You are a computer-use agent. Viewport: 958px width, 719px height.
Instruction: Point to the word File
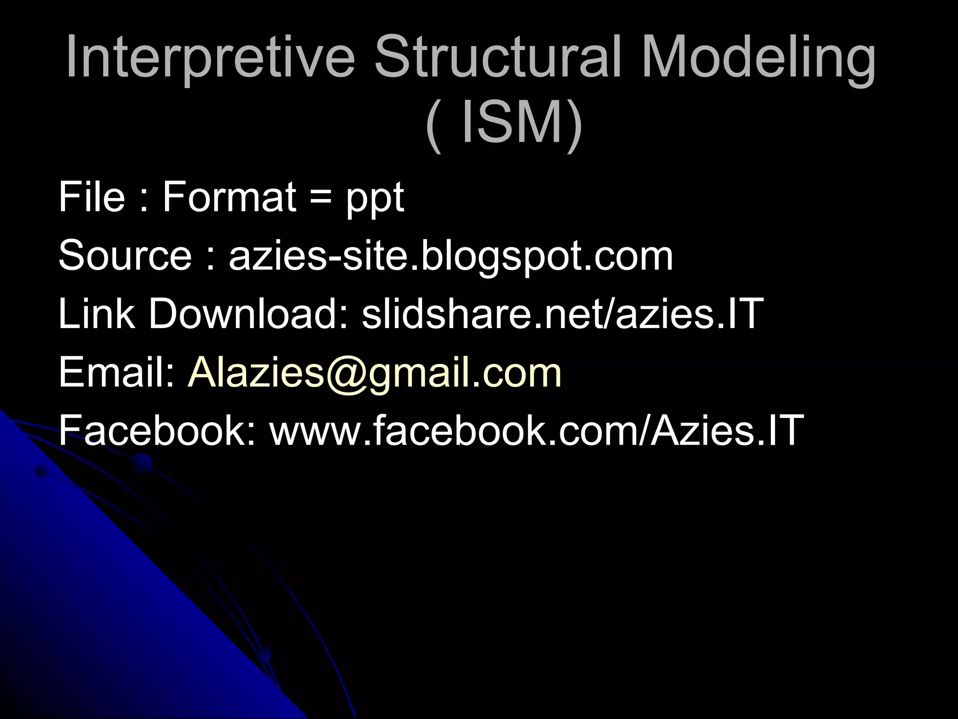pos(92,197)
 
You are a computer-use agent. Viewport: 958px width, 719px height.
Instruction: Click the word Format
pos(229,197)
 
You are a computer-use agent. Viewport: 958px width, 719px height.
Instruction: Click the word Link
pos(96,314)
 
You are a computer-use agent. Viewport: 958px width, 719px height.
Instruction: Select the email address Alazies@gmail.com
pos(374,374)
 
